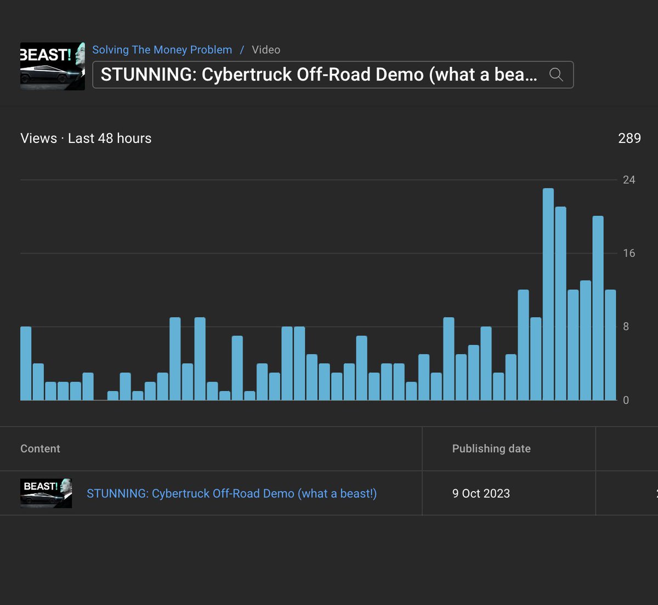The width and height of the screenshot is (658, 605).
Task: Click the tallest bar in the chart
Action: click(548, 294)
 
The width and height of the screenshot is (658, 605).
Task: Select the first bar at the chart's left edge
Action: click(26, 363)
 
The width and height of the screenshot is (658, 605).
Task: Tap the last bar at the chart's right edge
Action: click(610, 345)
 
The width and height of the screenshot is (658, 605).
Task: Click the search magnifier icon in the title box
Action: click(557, 75)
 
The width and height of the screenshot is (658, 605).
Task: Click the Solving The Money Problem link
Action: click(162, 50)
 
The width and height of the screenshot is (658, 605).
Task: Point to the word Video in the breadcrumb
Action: click(266, 50)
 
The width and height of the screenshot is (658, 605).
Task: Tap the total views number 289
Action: click(629, 139)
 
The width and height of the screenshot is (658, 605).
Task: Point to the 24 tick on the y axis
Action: click(629, 180)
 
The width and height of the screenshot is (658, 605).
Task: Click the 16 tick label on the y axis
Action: click(629, 253)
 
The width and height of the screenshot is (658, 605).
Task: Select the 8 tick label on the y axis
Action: click(626, 327)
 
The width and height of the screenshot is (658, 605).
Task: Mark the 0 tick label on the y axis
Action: click(626, 400)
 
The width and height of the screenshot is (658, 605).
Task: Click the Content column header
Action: click(41, 449)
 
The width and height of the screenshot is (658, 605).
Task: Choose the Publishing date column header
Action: click(491, 449)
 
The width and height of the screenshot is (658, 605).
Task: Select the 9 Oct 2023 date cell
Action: click(481, 494)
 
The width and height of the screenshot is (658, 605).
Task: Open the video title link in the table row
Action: click(232, 494)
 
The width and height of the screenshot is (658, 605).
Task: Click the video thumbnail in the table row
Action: click(46, 493)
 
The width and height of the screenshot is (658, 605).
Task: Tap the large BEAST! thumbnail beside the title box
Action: click(53, 66)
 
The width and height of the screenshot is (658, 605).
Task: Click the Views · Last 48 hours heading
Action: click(86, 139)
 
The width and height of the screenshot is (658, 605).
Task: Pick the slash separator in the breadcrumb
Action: click(242, 50)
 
